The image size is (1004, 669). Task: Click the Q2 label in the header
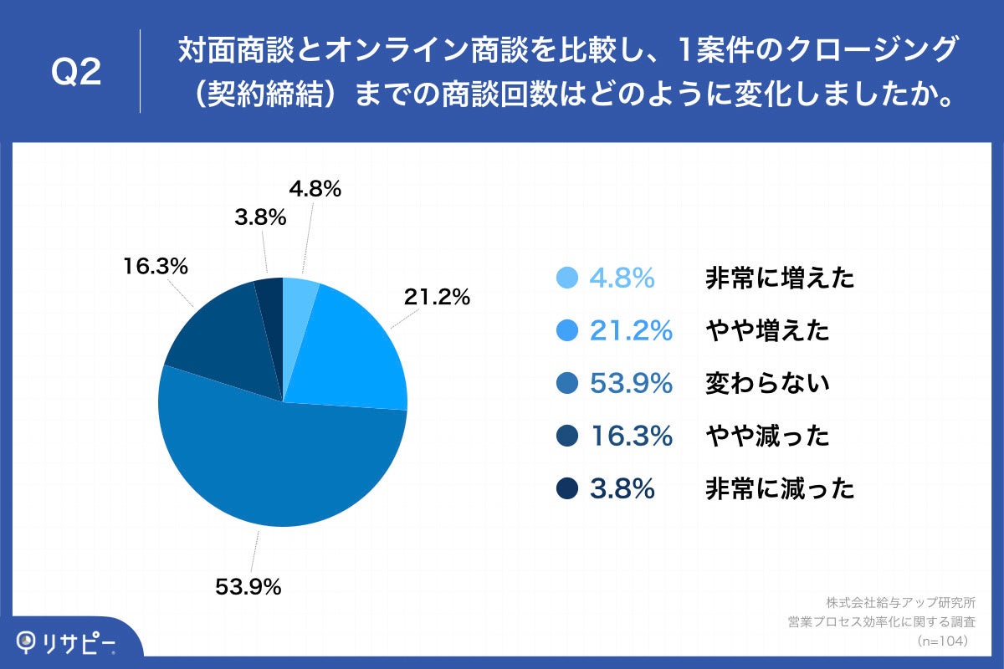[76, 73]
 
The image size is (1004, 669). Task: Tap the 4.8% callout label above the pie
[315, 190]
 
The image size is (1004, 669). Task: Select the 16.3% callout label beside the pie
[155, 267]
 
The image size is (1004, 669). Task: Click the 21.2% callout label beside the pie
[437, 296]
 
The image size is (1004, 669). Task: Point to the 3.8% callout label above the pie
[260, 218]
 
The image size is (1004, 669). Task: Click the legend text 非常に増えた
[780, 278]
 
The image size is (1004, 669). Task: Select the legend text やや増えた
[767, 331]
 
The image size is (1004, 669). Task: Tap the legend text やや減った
[767, 436]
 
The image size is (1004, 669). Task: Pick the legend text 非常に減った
[780, 488]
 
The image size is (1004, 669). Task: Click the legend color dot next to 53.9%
[566, 384]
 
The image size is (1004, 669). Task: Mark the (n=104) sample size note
[942, 641]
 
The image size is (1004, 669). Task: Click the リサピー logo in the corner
[67, 642]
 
